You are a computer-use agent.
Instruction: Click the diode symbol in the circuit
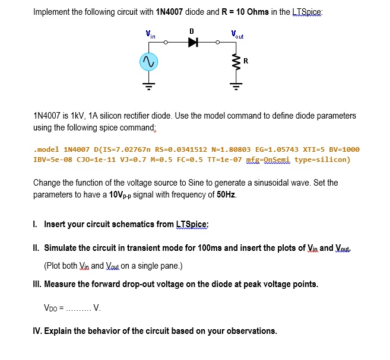pos(192,43)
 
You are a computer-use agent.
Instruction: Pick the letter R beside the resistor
pos(246,61)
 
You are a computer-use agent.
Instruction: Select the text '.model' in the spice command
pos(45,149)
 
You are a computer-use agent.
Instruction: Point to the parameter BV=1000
pos(343,149)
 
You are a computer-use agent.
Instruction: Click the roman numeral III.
pos(37,284)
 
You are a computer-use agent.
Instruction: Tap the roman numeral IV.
pos(37,330)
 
